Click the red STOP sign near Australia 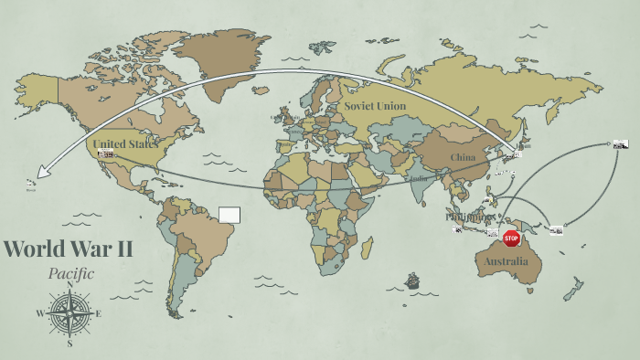(511, 238)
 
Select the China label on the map (463, 157)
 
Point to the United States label (125, 143)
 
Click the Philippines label (468, 217)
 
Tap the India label (419, 179)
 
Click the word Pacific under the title (70, 273)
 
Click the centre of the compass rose (69, 313)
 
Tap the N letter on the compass (69, 284)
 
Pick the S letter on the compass (69, 344)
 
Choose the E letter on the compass (99, 314)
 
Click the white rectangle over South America (229, 215)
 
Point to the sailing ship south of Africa (412, 281)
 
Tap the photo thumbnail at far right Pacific (621, 143)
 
